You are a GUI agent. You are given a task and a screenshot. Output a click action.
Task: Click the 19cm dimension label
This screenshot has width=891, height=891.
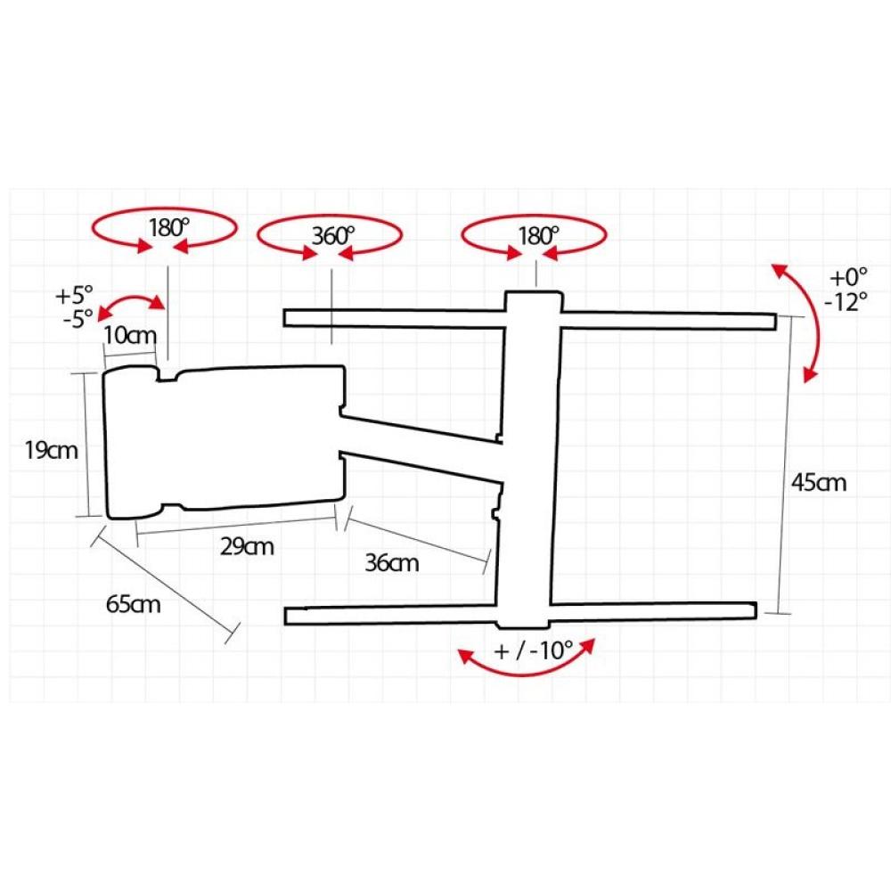tap(51, 451)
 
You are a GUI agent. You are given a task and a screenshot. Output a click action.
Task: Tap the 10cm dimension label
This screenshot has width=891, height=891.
tap(129, 335)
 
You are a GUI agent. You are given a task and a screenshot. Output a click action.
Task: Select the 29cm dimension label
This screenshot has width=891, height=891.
tap(247, 547)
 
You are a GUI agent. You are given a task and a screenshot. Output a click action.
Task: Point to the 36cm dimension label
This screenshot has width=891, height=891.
tap(391, 563)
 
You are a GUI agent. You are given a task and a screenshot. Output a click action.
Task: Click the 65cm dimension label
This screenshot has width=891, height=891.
tap(133, 604)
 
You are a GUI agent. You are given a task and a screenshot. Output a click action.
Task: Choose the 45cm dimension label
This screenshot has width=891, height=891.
tap(819, 482)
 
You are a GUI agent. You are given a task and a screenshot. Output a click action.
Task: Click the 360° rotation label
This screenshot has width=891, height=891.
tap(333, 235)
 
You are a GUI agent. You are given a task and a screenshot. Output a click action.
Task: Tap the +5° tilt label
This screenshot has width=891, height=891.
tap(74, 296)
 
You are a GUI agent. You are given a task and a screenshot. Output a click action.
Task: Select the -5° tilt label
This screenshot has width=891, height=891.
tap(78, 319)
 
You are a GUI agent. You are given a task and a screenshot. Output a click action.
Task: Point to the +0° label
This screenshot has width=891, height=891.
tap(848, 277)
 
